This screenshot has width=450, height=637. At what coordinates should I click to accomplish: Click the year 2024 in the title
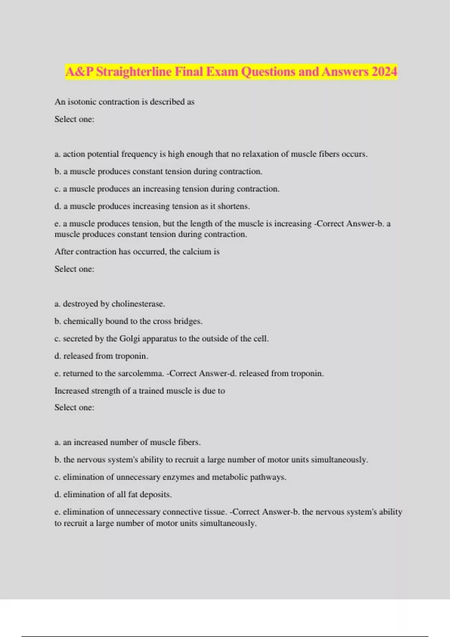click(384, 71)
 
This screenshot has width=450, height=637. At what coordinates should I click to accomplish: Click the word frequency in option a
click(139, 154)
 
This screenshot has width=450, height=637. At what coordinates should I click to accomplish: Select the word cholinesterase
click(138, 304)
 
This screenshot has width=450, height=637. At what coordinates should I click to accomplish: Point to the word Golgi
click(129, 339)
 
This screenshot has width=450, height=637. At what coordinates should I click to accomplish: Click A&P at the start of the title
click(79, 71)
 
